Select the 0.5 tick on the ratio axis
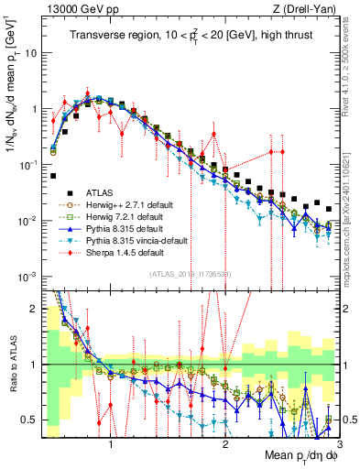click(33, 420)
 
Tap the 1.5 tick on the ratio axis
click(33, 310)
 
